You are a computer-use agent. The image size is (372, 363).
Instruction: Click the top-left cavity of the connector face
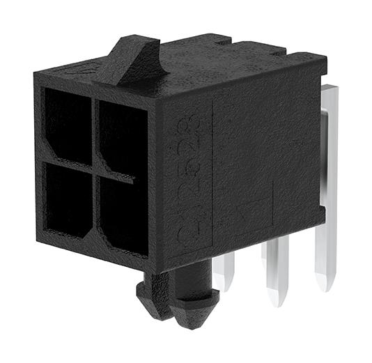pyautogui.click(x=68, y=125)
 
